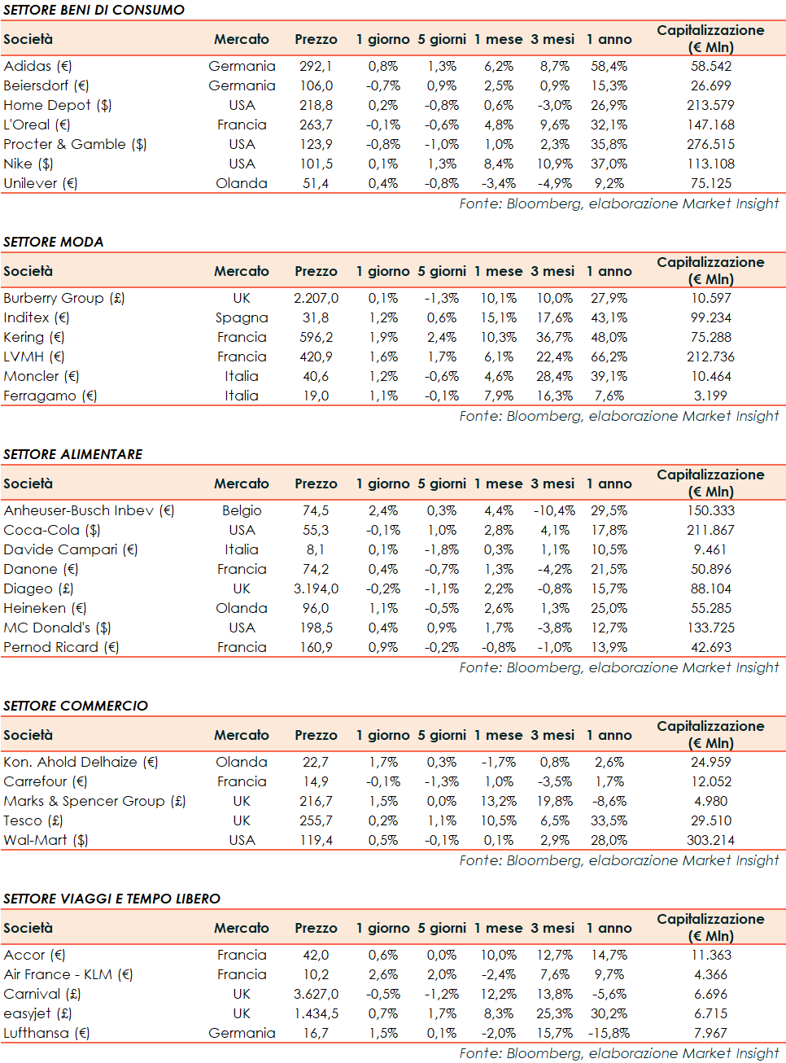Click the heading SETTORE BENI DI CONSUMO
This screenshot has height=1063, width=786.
94,10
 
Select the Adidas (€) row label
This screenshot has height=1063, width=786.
37,66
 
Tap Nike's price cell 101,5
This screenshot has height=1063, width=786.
316,164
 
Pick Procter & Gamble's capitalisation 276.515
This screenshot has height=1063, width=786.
710,144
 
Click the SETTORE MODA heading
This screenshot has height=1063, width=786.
54,242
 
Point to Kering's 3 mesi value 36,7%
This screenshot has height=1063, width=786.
554,337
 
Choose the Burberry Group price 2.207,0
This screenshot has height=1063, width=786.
316,298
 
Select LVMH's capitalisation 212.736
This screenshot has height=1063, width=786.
710,357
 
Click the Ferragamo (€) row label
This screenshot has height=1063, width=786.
50,396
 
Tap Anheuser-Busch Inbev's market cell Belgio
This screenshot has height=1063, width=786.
242,510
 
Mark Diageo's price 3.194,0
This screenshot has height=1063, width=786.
316,588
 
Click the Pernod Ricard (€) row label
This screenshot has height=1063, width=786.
61,647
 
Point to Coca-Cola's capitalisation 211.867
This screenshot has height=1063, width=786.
710,530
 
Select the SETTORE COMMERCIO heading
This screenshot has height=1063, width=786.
76,706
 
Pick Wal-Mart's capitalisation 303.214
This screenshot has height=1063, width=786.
710,840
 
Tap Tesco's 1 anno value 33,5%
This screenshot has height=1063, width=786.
609,820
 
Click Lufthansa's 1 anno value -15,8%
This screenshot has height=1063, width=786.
609,1033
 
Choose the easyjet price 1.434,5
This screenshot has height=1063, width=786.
316,1013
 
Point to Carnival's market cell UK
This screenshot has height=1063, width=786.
242,994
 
